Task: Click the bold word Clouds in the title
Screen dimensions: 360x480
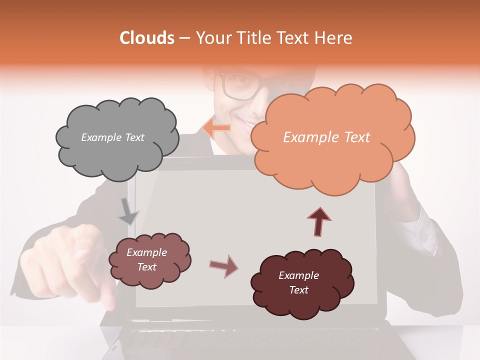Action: [147, 38]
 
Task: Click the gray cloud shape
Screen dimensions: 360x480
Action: [117, 150]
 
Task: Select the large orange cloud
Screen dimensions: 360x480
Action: [332, 160]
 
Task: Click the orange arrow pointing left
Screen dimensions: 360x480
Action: [216, 128]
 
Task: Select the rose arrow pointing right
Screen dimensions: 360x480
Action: [223, 266]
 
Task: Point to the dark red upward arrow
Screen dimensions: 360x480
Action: [319, 221]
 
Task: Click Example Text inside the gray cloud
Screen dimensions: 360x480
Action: [112, 137]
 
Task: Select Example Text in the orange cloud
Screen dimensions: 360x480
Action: [326, 137]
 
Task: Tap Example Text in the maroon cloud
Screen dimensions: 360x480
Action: [298, 282]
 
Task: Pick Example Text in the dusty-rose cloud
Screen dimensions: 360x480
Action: [146, 259]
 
